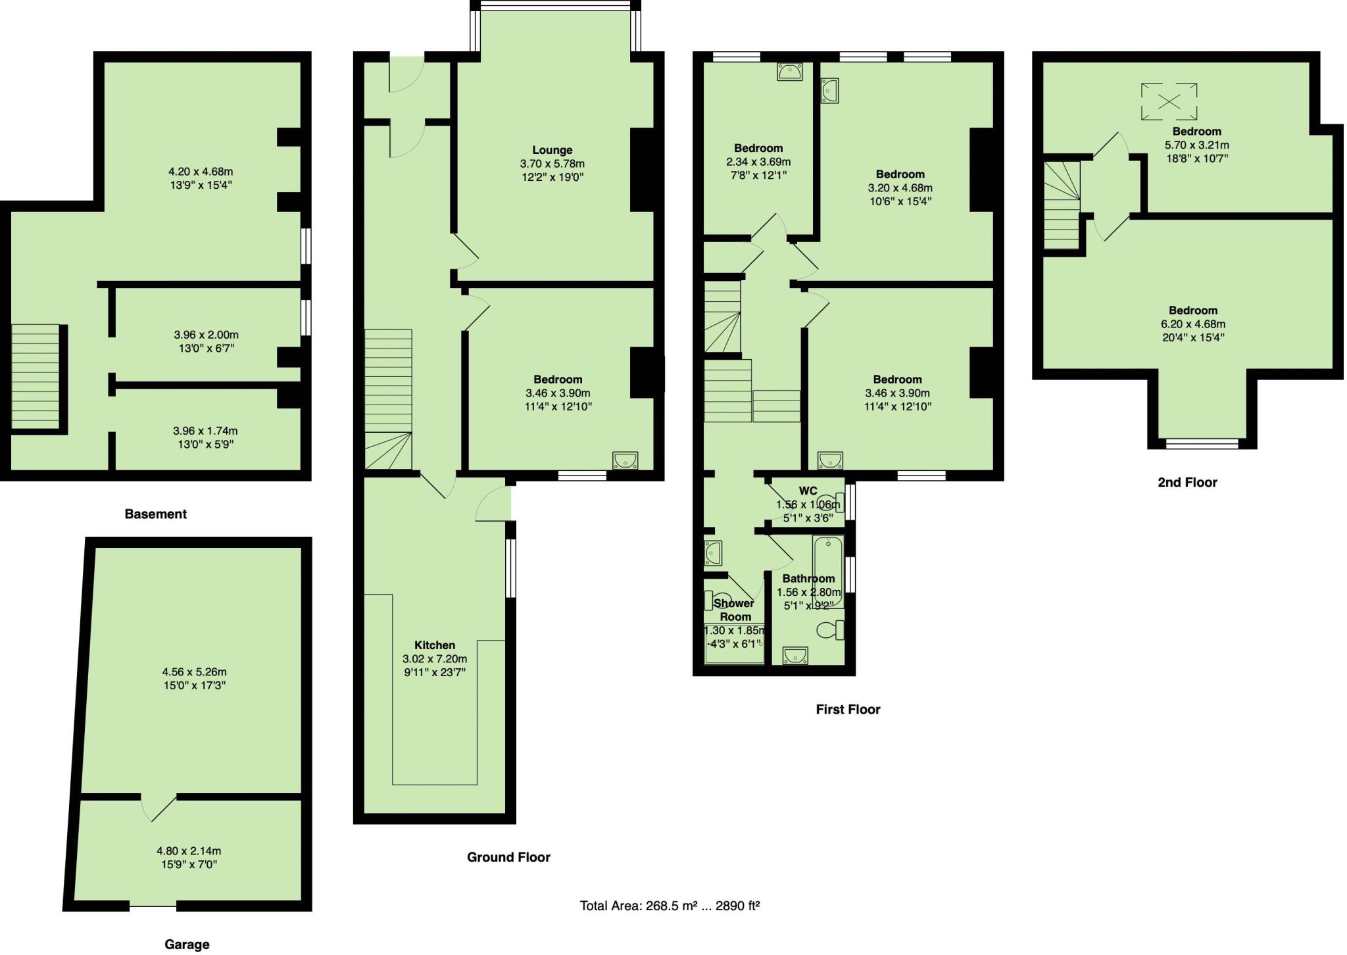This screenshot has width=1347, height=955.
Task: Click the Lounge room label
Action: (552, 150)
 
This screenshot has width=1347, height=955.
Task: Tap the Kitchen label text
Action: (435, 645)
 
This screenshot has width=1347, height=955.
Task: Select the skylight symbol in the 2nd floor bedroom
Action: (1169, 101)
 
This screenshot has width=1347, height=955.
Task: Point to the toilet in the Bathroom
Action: (830, 630)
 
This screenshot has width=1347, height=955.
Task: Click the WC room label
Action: (808, 491)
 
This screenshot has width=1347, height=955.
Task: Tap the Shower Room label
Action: (734, 610)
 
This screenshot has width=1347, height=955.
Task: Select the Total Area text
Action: (670, 906)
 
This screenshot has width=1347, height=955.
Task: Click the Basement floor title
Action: (156, 514)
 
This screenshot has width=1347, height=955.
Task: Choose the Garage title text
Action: (187, 944)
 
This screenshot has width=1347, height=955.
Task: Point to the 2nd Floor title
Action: (1187, 482)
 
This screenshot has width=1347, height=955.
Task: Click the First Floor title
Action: (848, 709)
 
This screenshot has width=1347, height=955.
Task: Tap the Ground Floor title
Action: (508, 857)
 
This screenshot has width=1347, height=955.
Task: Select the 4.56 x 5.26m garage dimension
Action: (194, 672)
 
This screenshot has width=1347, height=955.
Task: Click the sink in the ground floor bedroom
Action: (624, 460)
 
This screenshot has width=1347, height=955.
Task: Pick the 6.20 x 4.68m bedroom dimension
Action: (1192, 324)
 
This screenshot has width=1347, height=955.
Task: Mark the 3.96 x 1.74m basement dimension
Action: (205, 431)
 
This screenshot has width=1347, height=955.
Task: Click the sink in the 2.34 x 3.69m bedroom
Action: (789, 72)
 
